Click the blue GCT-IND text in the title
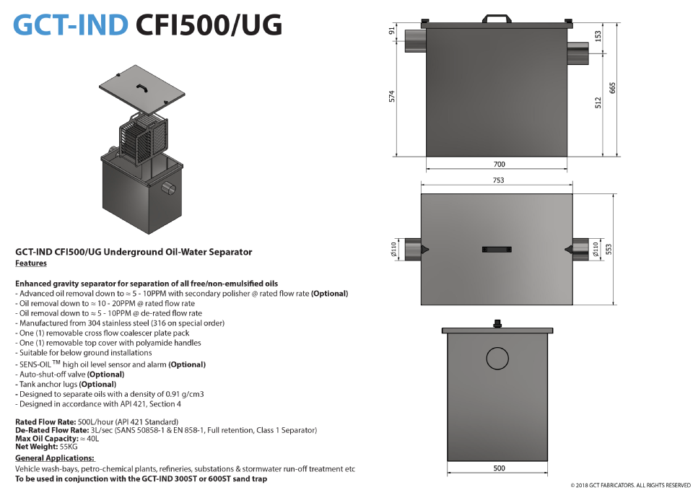click(x=71, y=25)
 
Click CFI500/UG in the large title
click(x=209, y=25)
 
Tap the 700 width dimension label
click(x=499, y=165)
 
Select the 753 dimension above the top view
click(x=498, y=180)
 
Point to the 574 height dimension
click(x=391, y=97)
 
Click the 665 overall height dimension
click(x=612, y=88)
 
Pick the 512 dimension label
click(x=598, y=103)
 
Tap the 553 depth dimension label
click(x=609, y=249)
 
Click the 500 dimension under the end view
click(x=499, y=468)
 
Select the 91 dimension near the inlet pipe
click(x=391, y=31)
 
